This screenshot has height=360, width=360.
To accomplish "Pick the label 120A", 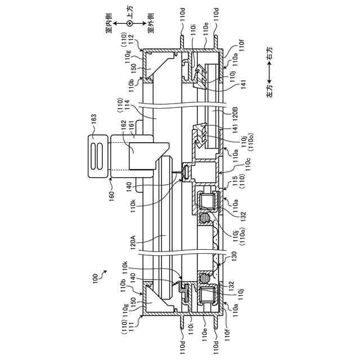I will (x=133, y=244).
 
